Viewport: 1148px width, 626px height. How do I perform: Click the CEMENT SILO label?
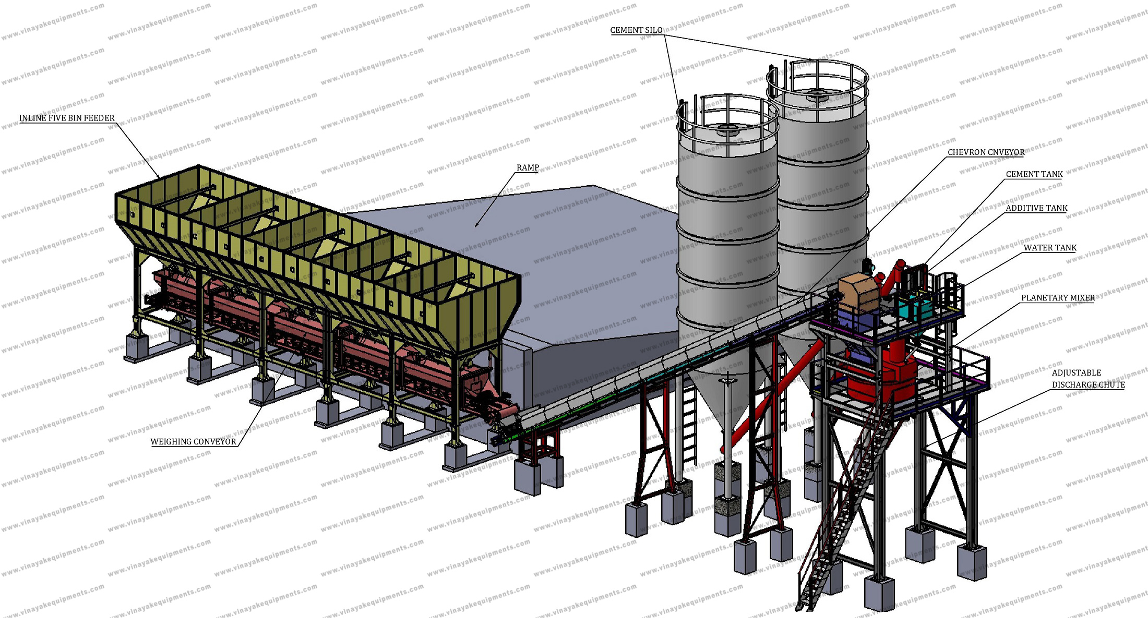(636, 30)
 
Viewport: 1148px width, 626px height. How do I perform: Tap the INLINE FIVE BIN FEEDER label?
(67, 118)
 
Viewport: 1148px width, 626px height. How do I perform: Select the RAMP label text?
(528, 168)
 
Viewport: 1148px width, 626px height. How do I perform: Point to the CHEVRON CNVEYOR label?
(986, 152)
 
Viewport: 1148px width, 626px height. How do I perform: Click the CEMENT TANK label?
(1034, 174)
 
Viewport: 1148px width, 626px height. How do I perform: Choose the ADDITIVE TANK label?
(1036, 208)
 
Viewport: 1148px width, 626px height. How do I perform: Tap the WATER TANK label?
(1050, 248)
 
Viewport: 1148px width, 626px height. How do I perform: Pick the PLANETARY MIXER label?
(1058, 298)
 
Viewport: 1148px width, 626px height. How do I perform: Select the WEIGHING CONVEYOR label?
(194, 442)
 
